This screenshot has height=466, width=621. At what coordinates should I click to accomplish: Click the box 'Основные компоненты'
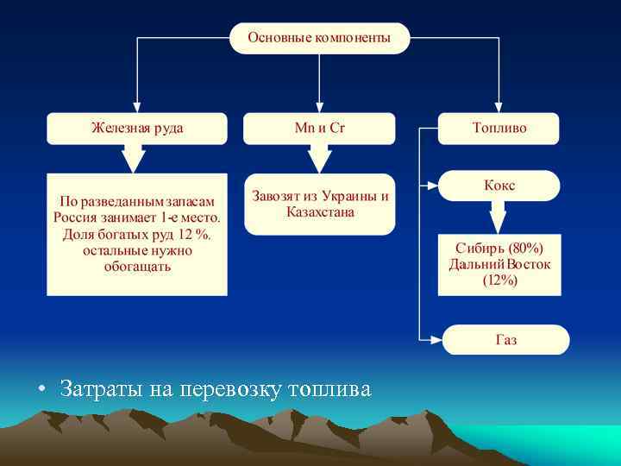319,38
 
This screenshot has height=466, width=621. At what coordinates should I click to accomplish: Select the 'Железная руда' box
137,128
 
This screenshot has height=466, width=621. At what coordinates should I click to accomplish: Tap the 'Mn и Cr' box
319,128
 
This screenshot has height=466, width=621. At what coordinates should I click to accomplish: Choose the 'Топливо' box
499,128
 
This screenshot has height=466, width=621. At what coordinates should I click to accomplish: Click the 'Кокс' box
499,186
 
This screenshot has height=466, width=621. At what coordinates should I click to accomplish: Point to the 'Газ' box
506,340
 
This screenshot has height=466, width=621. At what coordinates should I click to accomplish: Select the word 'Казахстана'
320,211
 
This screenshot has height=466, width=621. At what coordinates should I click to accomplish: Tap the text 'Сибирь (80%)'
499,249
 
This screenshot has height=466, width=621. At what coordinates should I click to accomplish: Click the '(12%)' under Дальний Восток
499,280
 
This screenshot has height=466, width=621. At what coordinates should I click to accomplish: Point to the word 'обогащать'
137,267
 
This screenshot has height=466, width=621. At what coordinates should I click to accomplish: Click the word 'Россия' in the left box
78,218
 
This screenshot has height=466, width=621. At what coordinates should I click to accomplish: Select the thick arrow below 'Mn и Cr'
319,158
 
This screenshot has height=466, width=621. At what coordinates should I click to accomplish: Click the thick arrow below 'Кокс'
499,217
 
